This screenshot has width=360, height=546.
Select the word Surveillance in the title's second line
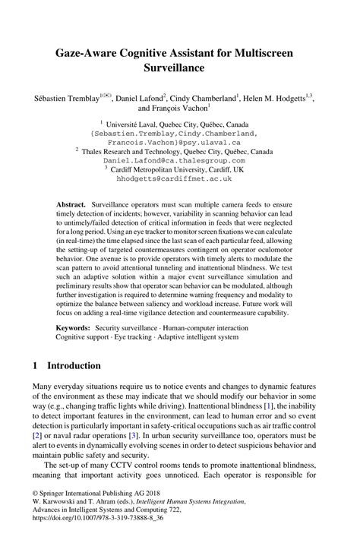tap(179, 68)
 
